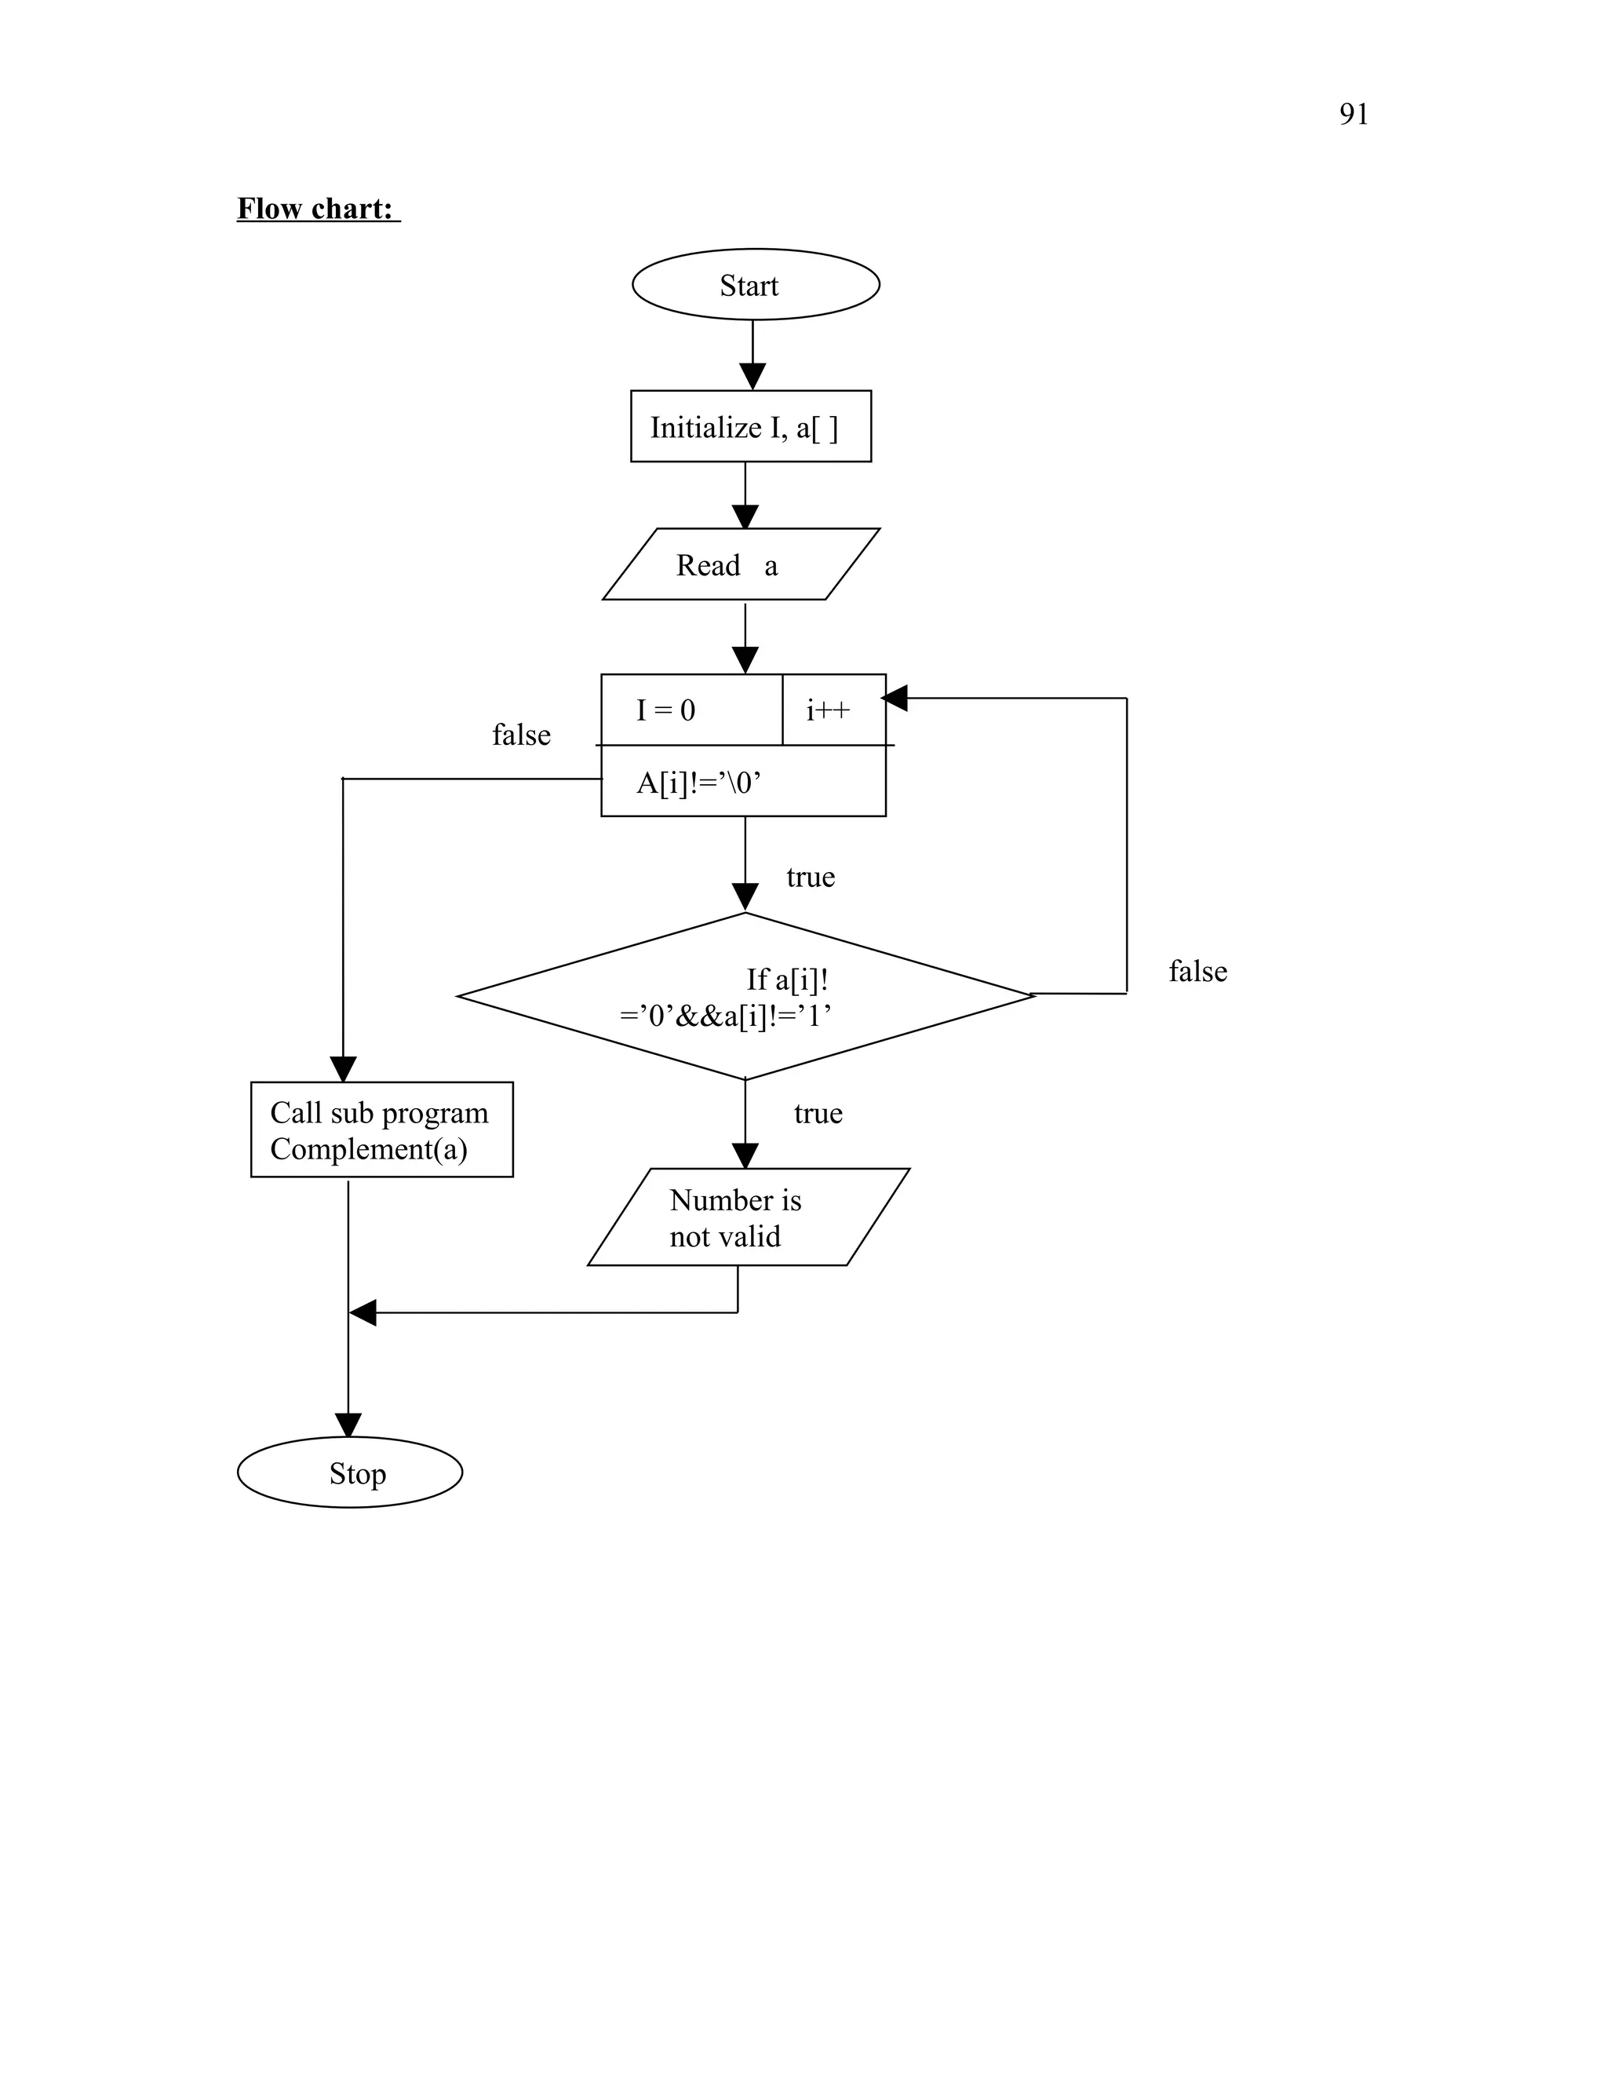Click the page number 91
coord(1353,115)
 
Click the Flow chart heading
coord(317,209)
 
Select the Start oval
coord(755,285)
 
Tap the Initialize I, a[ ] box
coord(750,427)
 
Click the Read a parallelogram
coord(741,565)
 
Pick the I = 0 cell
coord(691,710)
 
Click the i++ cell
coord(832,710)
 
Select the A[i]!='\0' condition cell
coord(742,782)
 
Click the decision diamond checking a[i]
coord(745,996)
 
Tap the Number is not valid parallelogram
coord(747,1217)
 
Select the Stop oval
coord(349,1472)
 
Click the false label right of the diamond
coord(1197,972)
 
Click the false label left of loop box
coord(521,735)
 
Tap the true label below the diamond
coord(818,1113)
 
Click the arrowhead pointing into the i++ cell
coord(895,698)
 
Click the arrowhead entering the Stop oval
coord(348,1425)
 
